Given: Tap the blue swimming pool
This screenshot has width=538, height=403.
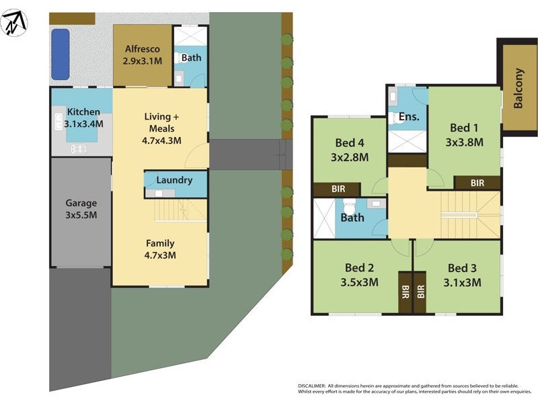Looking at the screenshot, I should pyautogui.click(x=61, y=54).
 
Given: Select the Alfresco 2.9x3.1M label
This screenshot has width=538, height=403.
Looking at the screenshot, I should pyautogui.click(x=143, y=55).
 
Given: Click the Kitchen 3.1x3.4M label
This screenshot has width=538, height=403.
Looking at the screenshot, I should pyautogui.click(x=83, y=118).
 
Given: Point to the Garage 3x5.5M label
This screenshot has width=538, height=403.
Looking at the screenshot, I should pyautogui.click(x=81, y=209).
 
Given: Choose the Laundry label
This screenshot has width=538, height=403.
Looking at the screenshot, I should pyautogui.click(x=174, y=180).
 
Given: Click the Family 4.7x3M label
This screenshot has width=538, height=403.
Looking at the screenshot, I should pyautogui.click(x=160, y=249).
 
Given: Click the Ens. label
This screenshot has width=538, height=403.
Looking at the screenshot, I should pyautogui.click(x=409, y=117).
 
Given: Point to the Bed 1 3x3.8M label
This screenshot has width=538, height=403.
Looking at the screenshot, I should pyautogui.click(x=465, y=134).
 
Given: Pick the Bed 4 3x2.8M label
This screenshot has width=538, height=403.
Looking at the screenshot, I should pyautogui.click(x=350, y=150).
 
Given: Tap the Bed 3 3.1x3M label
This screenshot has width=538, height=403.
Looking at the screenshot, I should pyautogui.click(x=463, y=275).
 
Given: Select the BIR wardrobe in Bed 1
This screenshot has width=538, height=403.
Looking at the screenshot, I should pyautogui.click(x=477, y=182).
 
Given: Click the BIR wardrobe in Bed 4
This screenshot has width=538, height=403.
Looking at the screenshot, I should pyautogui.click(x=338, y=189).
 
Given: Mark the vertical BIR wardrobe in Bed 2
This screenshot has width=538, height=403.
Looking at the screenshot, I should pyautogui.click(x=405, y=292).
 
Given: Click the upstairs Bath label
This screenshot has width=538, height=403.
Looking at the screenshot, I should pyautogui.click(x=352, y=217).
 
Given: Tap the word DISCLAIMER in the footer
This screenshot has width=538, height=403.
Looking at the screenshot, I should pyautogui.click(x=311, y=386).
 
